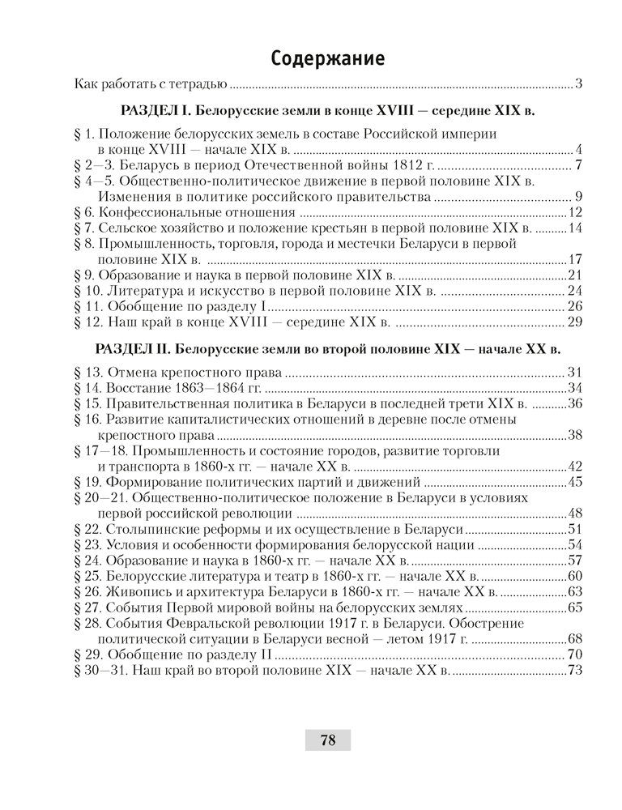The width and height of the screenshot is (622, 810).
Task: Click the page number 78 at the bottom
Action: (327, 740)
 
